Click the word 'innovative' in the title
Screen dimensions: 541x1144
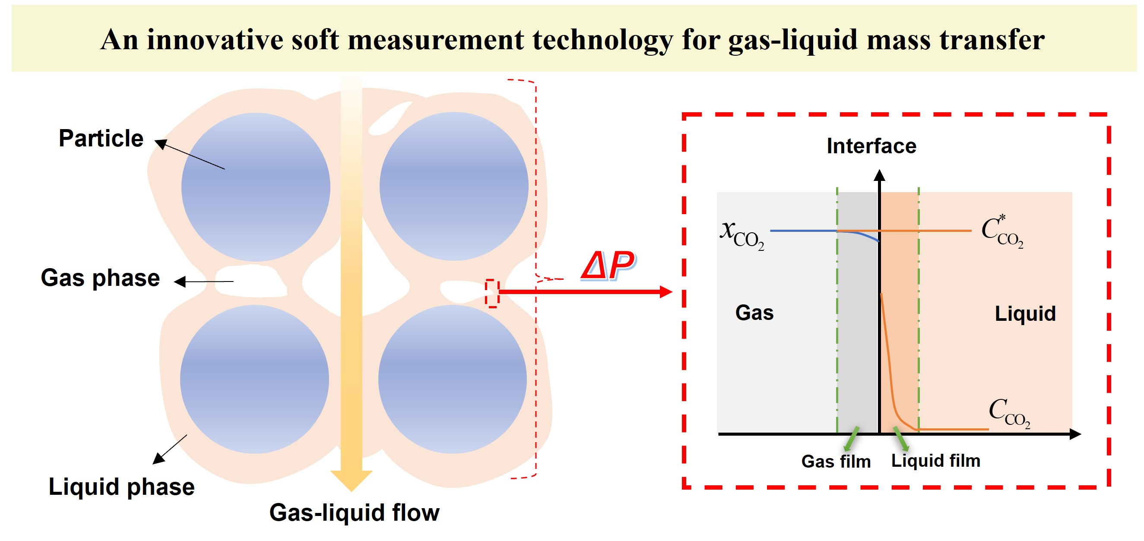pyautogui.click(x=215, y=40)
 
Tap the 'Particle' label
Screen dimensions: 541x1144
pyautogui.click(x=101, y=138)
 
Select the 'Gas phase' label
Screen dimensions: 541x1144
pyautogui.click(x=100, y=278)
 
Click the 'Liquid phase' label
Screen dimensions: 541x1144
pyautogui.click(x=121, y=487)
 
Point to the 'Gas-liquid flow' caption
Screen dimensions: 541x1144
pyautogui.click(x=354, y=513)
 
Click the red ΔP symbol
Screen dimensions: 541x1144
pyautogui.click(x=608, y=266)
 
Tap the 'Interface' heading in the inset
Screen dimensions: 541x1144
pyautogui.click(x=871, y=146)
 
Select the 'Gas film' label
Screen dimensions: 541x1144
pyautogui.click(x=836, y=462)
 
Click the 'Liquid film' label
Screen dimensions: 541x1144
pyautogui.click(x=936, y=461)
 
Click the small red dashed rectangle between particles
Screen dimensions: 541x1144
pyautogui.click(x=492, y=293)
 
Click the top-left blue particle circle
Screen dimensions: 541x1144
pyautogui.click(x=256, y=187)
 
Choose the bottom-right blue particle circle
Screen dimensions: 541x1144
pyautogui.click(x=453, y=379)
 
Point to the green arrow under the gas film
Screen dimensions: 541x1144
pyautogui.click(x=851, y=439)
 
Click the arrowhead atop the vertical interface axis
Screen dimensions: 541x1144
pyautogui.click(x=879, y=175)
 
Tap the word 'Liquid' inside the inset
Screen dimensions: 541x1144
pyautogui.click(x=1025, y=313)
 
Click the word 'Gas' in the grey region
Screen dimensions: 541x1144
pyautogui.click(x=754, y=313)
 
